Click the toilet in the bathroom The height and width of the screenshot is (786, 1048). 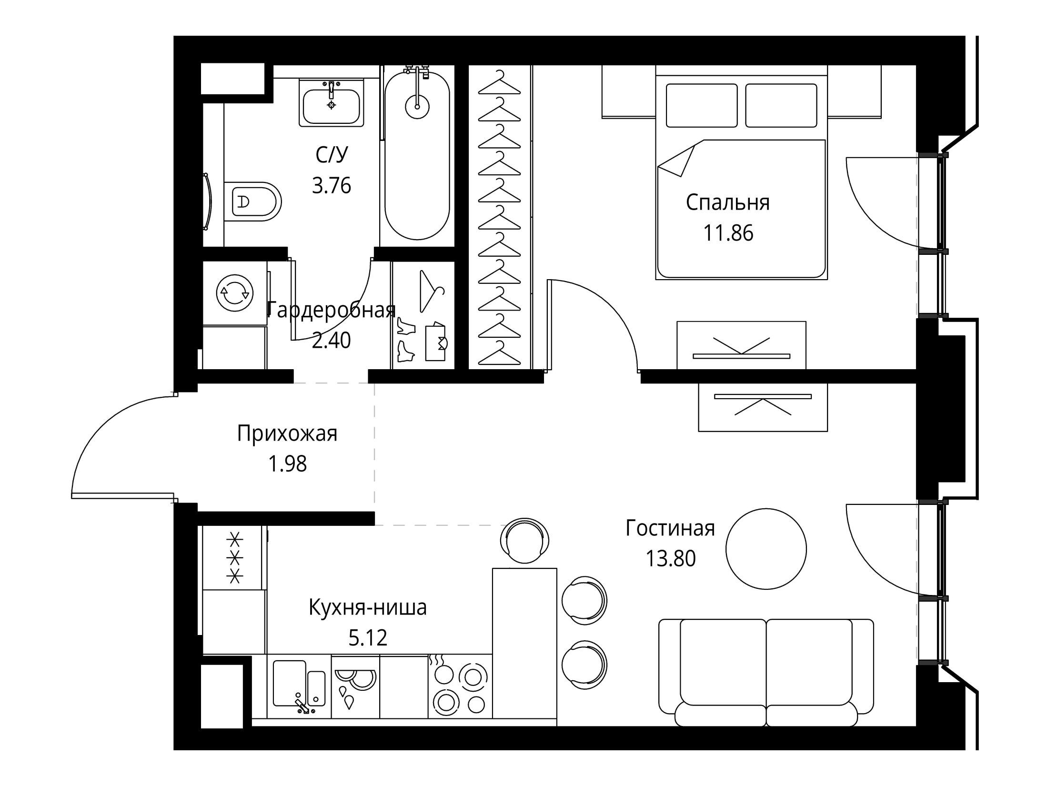pyautogui.click(x=252, y=202)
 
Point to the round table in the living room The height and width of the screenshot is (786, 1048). pyautogui.click(x=766, y=549)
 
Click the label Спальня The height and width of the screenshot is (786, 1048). pyautogui.click(x=728, y=202)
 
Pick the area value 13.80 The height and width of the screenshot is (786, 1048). pyautogui.click(x=671, y=558)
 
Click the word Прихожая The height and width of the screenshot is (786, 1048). pyautogui.click(x=287, y=434)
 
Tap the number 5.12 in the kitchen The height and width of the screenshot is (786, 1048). pyautogui.click(x=368, y=637)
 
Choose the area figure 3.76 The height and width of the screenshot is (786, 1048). pyautogui.click(x=332, y=185)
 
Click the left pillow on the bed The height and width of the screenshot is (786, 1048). pyautogui.click(x=702, y=105)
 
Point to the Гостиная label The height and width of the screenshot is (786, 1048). pyautogui.click(x=670, y=528)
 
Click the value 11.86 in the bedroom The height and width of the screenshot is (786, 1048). pyautogui.click(x=728, y=233)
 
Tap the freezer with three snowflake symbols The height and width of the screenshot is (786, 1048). pyautogui.click(x=234, y=558)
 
